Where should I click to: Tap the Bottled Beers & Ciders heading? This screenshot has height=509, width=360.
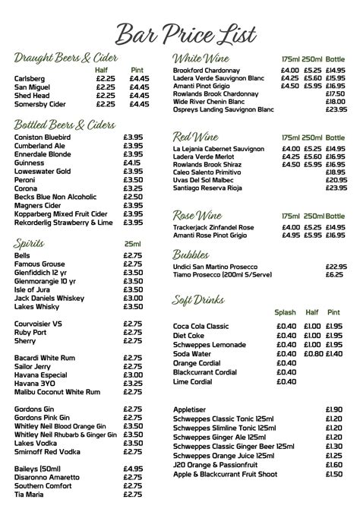(65, 124)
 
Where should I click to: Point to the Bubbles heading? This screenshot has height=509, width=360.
(191, 254)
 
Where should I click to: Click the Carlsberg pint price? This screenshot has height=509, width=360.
(139, 78)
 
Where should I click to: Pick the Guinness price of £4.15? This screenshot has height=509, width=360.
(132, 163)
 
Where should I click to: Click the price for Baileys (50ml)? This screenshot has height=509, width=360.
(133, 469)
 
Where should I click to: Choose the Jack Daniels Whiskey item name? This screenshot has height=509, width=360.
(49, 299)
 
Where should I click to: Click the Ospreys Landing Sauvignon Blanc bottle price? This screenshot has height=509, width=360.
(336, 109)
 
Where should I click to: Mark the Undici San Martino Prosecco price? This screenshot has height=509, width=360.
(336, 267)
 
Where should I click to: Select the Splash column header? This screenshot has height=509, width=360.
(286, 312)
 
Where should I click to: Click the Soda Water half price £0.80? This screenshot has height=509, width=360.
(311, 353)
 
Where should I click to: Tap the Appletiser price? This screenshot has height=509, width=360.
(334, 409)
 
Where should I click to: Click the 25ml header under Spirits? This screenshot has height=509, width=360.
(132, 244)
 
